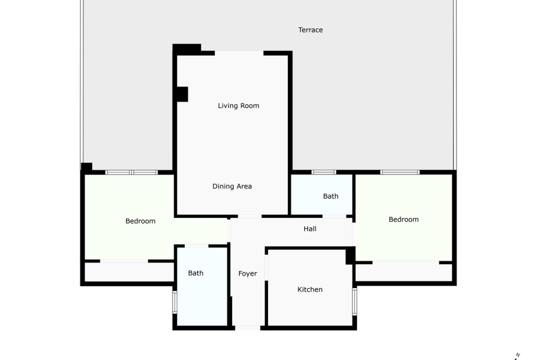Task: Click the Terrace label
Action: tap(310, 30)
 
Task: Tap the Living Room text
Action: tap(238, 106)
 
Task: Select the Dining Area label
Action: tap(232, 187)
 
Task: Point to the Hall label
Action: tap(310, 228)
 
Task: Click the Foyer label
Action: tap(247, 273)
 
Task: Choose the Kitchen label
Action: tap(310, 289)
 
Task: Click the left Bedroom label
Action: tap(140, 221)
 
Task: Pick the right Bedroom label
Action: tap(403, 219)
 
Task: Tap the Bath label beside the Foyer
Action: tap(196, 273)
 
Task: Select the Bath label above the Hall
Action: tap(330, 196)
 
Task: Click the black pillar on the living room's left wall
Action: tap(182, 94)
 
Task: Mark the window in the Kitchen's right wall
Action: tap(355, 301)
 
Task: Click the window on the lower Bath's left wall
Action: tap(175, 302)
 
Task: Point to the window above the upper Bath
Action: tap(324, 172)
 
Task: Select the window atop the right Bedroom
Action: tap(400, 172)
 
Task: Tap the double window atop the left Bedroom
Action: tap(132, 172)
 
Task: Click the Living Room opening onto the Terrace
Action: tap(239, 53)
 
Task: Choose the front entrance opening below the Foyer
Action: tap(247, 328)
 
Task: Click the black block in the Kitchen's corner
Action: tap(350, 255)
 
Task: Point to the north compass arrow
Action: tap(516, 357)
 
